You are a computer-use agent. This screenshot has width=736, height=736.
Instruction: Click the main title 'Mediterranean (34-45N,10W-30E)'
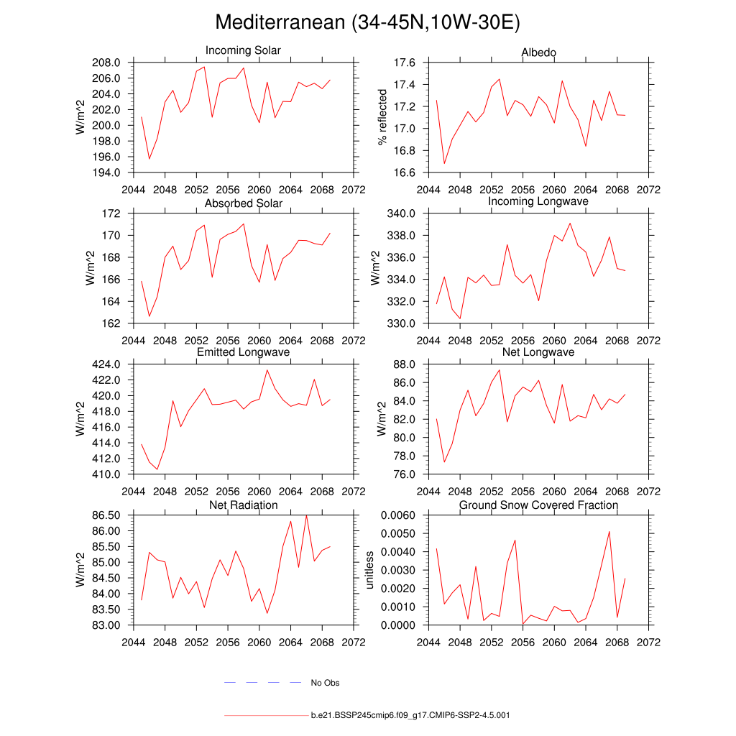click(367, 23)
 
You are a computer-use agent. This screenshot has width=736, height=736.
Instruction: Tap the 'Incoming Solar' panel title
click(243, 51)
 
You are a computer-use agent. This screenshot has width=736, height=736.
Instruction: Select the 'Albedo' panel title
click(538, 52)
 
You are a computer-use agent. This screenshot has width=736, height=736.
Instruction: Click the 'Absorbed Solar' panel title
click(243, 203)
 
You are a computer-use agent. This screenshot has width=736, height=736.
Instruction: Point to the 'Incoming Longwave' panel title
click(538, 201)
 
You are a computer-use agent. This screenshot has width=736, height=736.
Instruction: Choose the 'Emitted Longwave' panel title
click(243, 352)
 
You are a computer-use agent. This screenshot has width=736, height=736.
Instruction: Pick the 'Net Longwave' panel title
click(538, 352)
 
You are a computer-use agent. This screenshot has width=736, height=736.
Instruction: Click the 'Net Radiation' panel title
click(243, 505)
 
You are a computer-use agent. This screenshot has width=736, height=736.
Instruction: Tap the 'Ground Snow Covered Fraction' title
click(538, 505)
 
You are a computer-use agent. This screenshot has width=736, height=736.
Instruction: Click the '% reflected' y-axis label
click(383, 117)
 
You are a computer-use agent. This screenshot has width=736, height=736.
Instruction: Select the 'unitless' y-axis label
click(370, 570)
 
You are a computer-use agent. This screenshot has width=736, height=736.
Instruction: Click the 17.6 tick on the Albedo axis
click(405, 63)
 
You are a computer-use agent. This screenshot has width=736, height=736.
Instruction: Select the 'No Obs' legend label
click(325, 683)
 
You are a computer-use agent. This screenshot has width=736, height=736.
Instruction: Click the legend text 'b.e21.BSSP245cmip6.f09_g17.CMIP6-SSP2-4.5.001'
click(410, 716)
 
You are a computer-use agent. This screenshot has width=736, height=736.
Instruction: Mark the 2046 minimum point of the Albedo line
click(444, 164)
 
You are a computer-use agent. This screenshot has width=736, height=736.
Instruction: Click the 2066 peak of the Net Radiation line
click(306, 515)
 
